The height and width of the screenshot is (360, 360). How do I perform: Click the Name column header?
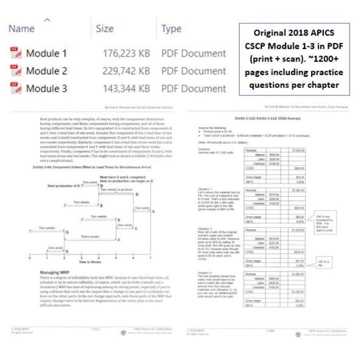click(21, 29)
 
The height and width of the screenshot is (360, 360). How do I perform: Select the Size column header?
click(104, 29)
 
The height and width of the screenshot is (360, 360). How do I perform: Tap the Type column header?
click(171, 29)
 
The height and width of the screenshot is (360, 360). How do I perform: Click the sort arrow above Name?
click(48, 20)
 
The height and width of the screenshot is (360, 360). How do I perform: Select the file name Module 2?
click(46, 71)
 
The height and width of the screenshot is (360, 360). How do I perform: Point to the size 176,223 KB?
click(126, 53)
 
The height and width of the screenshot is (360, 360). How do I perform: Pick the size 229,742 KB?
click(126, 71)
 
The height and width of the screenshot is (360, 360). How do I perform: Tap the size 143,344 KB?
click(126, 89)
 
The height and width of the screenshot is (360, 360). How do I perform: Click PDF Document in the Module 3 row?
click(194, 89)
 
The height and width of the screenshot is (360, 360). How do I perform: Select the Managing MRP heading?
click(55, 272)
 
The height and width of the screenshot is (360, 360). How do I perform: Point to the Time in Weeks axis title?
click(90, 262)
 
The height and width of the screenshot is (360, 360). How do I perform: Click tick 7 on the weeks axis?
click(150, 258)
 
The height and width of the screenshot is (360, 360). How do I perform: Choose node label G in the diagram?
click(67, 232)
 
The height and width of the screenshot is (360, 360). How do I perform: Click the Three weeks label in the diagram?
click(90, 237)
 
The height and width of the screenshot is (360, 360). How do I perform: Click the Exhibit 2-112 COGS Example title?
click(267, 118)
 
